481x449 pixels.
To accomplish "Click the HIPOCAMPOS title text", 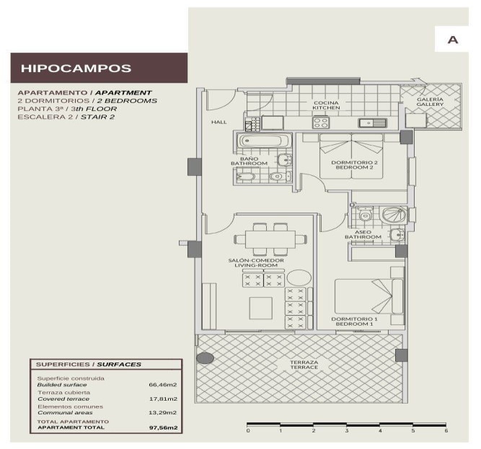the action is coord(76,68).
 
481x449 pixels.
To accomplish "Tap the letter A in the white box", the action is coord(452,40).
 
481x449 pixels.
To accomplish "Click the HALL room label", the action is coord(219,122).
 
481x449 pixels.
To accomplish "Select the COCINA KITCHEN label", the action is coord(326,105).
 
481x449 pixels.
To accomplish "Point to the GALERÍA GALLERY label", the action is coord(430,102).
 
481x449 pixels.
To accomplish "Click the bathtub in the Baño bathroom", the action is coord(264,141).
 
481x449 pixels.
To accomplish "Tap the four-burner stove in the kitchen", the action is coord(321,123).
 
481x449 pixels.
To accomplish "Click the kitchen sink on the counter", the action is coord(372,123).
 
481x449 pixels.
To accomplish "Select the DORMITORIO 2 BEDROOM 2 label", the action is coord(354,165).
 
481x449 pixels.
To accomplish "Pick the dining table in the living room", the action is coord(270,239).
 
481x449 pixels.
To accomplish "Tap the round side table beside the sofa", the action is coord(299,277).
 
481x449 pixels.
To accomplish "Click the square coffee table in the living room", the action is coord(261,308).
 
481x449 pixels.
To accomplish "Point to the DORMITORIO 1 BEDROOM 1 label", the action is coord(354,321).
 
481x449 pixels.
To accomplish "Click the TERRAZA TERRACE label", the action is coord(304,365).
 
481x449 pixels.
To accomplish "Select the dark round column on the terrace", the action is coord(205,358).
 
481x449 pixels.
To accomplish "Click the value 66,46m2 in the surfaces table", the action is coord(163,385).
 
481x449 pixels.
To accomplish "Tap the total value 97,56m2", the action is coord(164,427).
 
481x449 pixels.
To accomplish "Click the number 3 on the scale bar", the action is coord(347,430).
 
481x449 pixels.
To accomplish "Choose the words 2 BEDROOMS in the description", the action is coord(127,101).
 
